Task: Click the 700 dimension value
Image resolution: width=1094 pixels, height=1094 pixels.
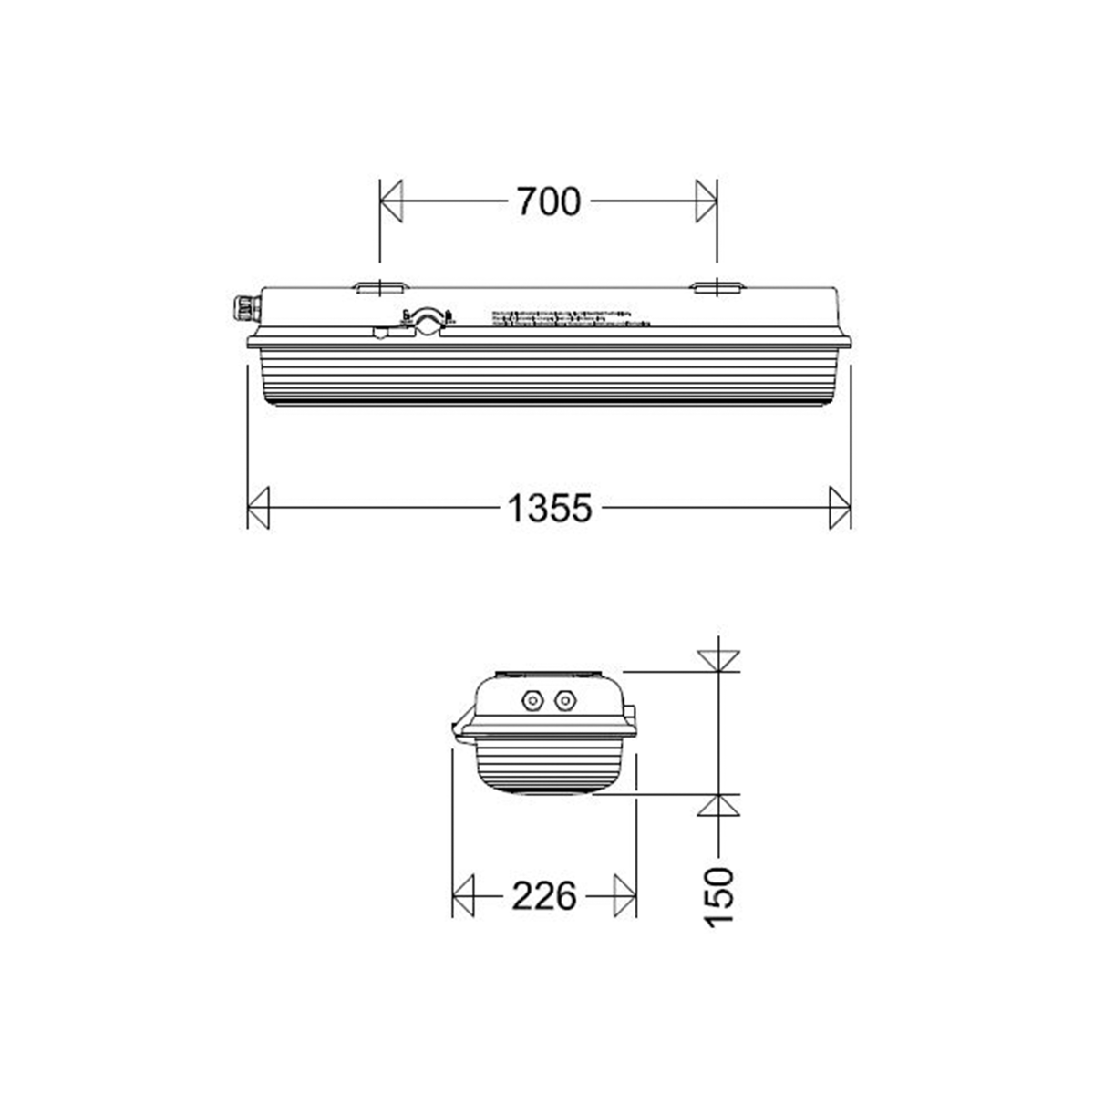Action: (548, 201)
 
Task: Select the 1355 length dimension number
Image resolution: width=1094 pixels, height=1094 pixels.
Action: (550, 508)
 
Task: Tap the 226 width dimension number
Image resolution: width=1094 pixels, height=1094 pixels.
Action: (543, 896)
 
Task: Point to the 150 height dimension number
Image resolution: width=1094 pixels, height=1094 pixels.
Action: (719, 897)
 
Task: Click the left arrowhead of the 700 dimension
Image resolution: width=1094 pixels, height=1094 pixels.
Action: (391, 201)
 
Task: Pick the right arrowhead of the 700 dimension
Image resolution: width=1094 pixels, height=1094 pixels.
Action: (706, 201)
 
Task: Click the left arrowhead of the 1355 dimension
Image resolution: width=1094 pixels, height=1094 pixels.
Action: (259, 508)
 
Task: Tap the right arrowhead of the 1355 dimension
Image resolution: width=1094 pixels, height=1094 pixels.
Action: (840, 508)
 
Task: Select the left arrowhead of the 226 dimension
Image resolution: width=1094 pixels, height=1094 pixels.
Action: (464, 896)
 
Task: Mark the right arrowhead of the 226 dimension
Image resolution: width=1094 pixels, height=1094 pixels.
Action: (624, 896)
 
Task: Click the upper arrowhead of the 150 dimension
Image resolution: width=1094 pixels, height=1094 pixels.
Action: (718, 661)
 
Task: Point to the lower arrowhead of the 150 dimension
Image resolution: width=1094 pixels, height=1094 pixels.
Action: (718, 805)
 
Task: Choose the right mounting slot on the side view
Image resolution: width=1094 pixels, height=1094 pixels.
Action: (717, 288)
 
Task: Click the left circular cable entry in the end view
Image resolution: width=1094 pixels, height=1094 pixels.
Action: (531, 700)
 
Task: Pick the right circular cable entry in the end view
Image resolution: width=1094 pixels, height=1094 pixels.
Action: (565, 700)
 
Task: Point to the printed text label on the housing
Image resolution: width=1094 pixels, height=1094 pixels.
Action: (572, 317)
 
